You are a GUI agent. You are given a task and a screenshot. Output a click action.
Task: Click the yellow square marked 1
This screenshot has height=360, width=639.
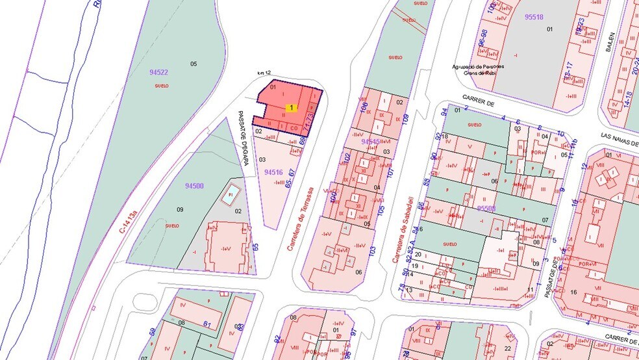(292, 108)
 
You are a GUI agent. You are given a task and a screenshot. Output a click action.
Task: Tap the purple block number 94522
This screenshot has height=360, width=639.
(158, 73)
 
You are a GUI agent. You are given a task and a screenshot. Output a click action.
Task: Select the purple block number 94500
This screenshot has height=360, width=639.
(194, 186)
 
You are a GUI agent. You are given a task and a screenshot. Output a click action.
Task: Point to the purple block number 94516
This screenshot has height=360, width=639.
(274, 172)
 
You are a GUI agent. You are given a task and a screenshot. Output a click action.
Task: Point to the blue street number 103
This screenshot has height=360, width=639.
(372, 250)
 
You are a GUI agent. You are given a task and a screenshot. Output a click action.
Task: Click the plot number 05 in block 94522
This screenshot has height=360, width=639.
(193, 63)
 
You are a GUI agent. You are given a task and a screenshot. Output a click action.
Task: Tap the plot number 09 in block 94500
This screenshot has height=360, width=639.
(181, 209)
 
